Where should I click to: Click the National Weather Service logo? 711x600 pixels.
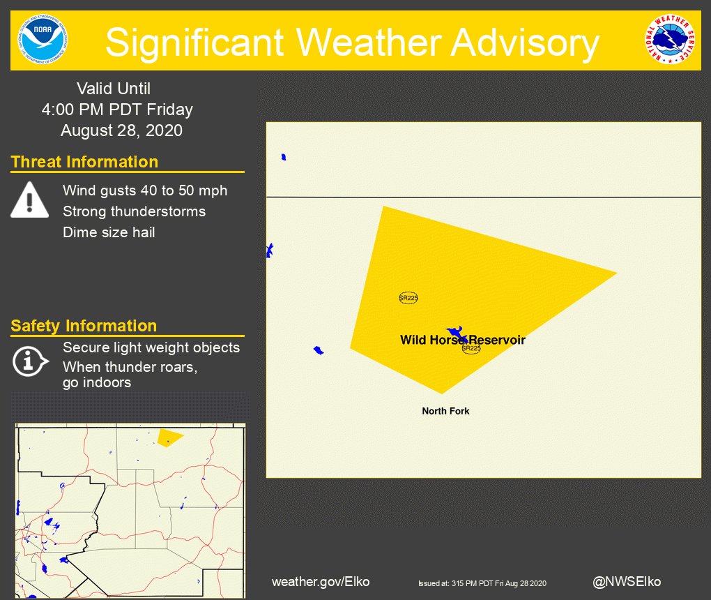[x=669, y=40]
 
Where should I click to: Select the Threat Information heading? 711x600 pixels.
[x=84, y=162]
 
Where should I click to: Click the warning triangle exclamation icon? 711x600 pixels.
[x=29, y=200]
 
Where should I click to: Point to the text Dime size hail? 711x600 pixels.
[x=109, y=232]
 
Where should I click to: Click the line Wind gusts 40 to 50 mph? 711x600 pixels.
[x=145, y=190]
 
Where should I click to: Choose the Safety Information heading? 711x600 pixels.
[x=84, y=326]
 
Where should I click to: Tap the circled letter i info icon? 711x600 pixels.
[x=29, y=361]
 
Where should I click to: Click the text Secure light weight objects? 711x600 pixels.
[x=151, y=347]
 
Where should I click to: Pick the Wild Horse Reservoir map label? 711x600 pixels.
[x=462, y=340]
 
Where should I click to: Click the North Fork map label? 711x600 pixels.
[x=445, y=411]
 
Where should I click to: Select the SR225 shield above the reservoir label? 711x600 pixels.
[x=408, y=298]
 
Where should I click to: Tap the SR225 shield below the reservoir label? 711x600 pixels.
[x=471, y=348]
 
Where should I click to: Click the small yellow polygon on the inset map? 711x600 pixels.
[x=168, y=437]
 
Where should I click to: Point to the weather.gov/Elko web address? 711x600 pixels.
[x=321, y=581]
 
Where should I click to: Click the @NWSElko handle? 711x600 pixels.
[x=627, y=581]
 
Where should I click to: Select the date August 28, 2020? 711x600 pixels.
[x=121, y=130]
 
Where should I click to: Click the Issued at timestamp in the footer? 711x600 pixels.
[x=482, y=583]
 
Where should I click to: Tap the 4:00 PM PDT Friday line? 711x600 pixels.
[x=116, y=110]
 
